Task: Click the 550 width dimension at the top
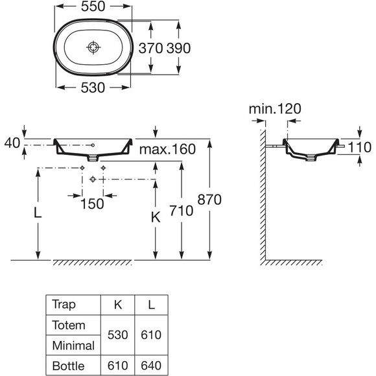[93, 6]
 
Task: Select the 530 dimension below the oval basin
[93, 88]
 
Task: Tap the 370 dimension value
[151, 48]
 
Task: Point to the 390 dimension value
[179, 48]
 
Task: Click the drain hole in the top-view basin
[93, 47]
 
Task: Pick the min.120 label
[275, 109]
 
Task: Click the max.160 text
[167, 149]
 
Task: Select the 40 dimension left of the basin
[12, 143]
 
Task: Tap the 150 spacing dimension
[92, 204]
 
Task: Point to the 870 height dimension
[209, 200]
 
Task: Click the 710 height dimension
[182, 211]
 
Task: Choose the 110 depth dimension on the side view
[359, 147]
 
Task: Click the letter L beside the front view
[38, 213]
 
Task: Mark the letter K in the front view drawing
[156, 218]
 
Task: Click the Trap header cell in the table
[64, 305]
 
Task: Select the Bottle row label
[68, 366]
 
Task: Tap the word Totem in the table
[69, 325]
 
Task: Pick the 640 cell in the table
[151, 366]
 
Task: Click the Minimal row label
[73, 346]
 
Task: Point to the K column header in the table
[118, 305]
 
